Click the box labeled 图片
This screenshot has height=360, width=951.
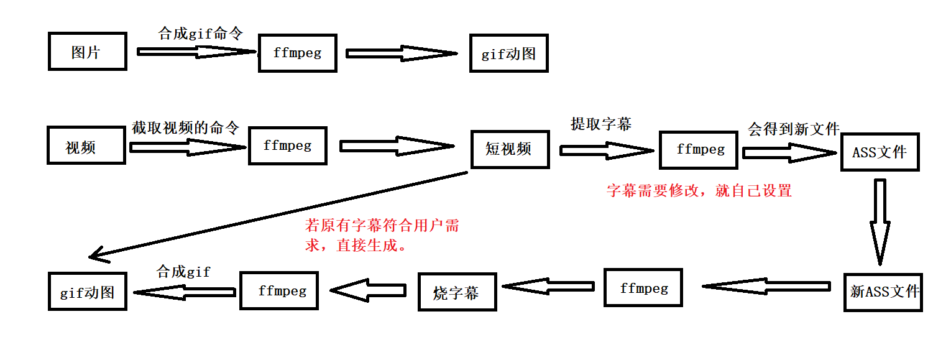coord(87,52)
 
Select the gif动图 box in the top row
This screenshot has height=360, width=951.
coord(508,53)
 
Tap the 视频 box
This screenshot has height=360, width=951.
coord(86,146)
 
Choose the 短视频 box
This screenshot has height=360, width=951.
coord(510,149)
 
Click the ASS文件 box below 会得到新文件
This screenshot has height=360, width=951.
coord(880,152)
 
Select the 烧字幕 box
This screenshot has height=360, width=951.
coord(457,292)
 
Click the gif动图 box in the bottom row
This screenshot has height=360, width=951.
coord(87,292)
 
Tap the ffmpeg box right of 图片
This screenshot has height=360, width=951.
coord(298,53)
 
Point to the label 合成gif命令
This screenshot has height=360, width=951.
coord(200,34)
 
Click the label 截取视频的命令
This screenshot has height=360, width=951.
coord(185,128)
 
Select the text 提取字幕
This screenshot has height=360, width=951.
coord(601,124)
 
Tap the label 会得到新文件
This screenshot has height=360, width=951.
coord(794,129)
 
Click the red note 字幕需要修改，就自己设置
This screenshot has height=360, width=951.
coord(699,191)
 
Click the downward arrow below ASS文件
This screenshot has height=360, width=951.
coord(880,221)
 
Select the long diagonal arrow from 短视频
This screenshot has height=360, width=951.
coord(280,215)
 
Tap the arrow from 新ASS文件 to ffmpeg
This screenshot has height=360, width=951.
coord(766,286)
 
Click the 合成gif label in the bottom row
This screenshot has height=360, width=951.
coord(183,272)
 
